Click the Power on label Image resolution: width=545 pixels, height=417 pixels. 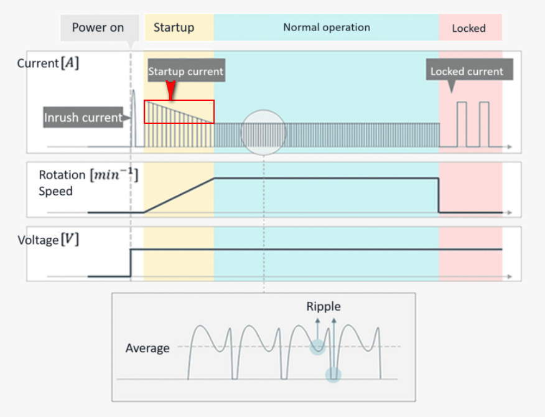[98, 27]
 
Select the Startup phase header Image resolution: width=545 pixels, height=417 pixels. [174, 27]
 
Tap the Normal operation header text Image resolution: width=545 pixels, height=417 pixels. [327, 27]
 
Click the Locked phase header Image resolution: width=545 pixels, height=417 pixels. [468, 28]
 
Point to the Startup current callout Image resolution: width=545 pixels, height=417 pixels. [185, 72]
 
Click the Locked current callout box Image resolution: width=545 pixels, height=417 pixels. [467, 71]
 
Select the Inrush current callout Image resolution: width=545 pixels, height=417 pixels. [83, 118]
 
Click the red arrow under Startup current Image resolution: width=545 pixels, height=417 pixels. [170, 90]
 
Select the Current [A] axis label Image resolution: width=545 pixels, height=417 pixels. [48, 63]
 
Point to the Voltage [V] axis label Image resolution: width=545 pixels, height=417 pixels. [48, 240]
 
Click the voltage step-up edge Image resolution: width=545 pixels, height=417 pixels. [130, 261]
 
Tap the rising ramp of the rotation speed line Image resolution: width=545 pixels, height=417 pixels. [179, 195]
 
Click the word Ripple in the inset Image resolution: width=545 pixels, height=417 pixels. [324, 306]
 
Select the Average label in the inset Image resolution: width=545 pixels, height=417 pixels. [147, 348]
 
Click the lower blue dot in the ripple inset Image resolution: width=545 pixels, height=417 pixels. [333, 375]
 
